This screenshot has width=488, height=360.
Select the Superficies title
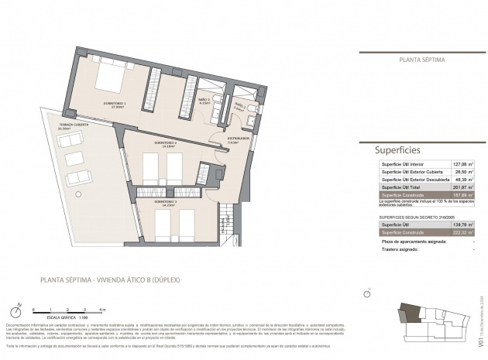397,149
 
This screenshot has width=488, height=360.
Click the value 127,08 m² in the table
462,164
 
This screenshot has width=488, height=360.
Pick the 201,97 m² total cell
462,187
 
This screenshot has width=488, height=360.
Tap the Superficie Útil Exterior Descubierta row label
415,179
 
